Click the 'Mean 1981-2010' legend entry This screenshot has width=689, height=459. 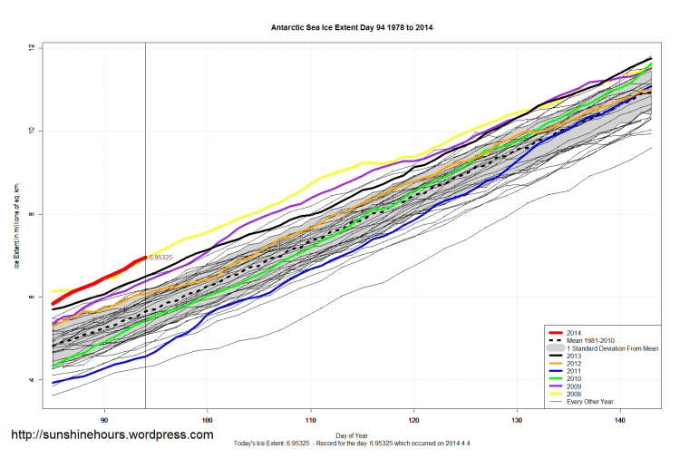click(x=590, y=340)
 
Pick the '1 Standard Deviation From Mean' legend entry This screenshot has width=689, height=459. click(x=609, y=348)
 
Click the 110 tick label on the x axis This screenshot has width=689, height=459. click(x=311, y=419)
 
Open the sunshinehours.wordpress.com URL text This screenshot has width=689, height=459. click(x=112, y=435)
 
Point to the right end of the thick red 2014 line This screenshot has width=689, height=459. click(x=145, y=258)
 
